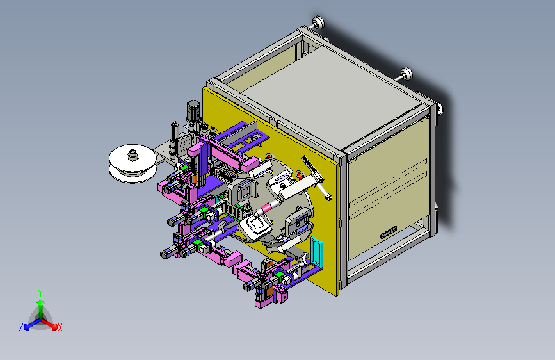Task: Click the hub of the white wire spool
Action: coord(133,154)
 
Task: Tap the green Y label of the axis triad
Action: coord(40,293)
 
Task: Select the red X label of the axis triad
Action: coord(60,327)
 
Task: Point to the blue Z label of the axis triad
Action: coord(21,327)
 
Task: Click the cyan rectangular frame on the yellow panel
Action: coord(317,252)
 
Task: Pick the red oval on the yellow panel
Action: coord(300,175)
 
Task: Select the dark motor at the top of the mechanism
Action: coord(193,111)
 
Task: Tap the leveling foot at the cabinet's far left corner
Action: coord(318,22)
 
